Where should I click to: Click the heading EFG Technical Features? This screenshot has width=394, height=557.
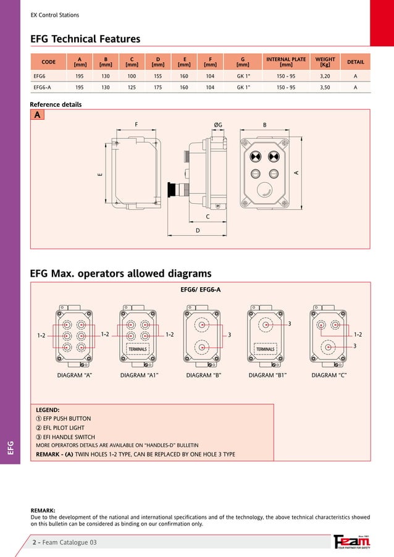click(x=85, y=40)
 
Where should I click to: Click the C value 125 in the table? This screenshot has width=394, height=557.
click(x=132, y=88)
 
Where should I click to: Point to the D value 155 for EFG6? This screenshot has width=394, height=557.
click(x=157, y=76)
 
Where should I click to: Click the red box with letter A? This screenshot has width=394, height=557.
click(x=38, y=115)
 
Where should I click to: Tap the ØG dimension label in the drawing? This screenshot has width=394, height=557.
click(x=218, y=125)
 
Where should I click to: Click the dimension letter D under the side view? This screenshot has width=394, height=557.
click(x=197, y=230)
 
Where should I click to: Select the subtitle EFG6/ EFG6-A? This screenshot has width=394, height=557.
click(x=200, y=289)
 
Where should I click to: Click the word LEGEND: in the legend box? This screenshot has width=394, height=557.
click(x=48, y=409)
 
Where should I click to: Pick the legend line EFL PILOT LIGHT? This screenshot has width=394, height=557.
click(x=60, y=427)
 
